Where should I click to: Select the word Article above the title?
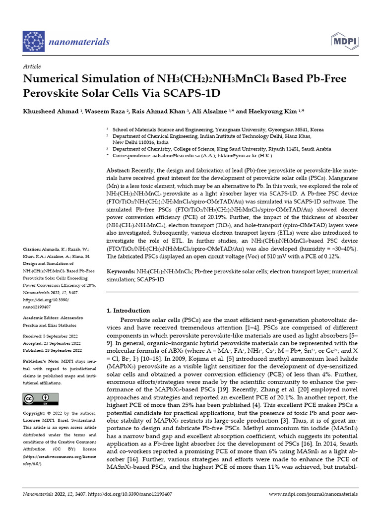[x=32, y=66]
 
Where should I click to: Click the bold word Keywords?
[x=122, y=272]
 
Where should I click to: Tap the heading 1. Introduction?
[x=128, y=311]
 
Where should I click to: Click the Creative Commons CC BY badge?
[x=41, y=399]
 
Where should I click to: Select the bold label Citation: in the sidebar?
[x=33, y=249]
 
